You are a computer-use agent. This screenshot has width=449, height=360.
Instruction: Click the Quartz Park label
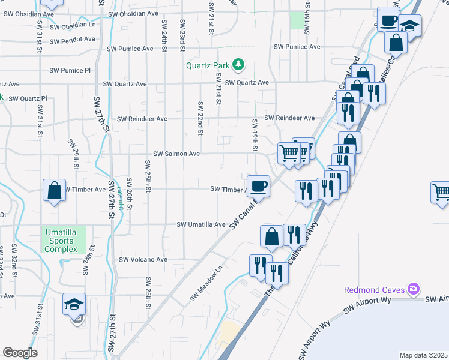(208, 65)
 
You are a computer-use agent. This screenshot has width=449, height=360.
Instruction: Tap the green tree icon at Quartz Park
(238, 64)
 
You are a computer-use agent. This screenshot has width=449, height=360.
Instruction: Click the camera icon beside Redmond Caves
(413, 290)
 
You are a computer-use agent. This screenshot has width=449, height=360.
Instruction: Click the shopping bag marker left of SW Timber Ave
(54, 191)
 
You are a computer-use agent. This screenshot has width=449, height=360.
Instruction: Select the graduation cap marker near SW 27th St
(74, 304)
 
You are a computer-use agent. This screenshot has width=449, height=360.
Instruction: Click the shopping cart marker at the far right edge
(441, 193)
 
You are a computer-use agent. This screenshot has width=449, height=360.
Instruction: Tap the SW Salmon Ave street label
(176, 154)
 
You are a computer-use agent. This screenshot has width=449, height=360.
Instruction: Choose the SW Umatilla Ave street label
(200, 224)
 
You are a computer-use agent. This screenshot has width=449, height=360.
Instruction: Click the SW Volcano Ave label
(143, 260)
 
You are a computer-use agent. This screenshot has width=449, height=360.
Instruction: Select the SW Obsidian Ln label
(73, 26)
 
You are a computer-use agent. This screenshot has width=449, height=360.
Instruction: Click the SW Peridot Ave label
(73, 40)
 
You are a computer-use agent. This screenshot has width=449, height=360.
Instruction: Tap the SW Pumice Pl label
(70, 70)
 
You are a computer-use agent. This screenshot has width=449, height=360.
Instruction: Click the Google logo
(20, 353)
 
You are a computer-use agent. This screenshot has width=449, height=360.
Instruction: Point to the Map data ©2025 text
(423, 355)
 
